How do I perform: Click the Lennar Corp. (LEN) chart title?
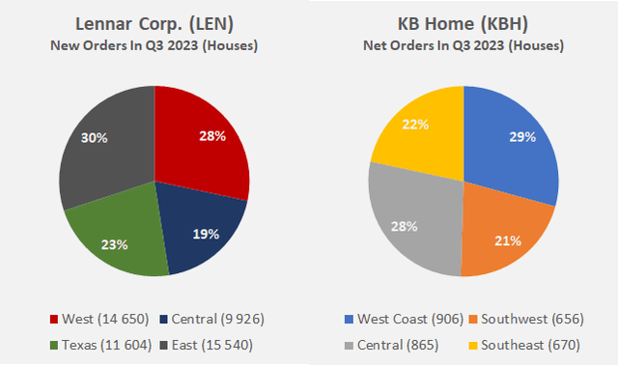(x=154, y=24)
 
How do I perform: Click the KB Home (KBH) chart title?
(x=463, y=24)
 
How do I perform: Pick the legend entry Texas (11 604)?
(x=97, y=344)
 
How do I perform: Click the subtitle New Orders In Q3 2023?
(x=154, y=45)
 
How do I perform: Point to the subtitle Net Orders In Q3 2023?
(x=463, y=45)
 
